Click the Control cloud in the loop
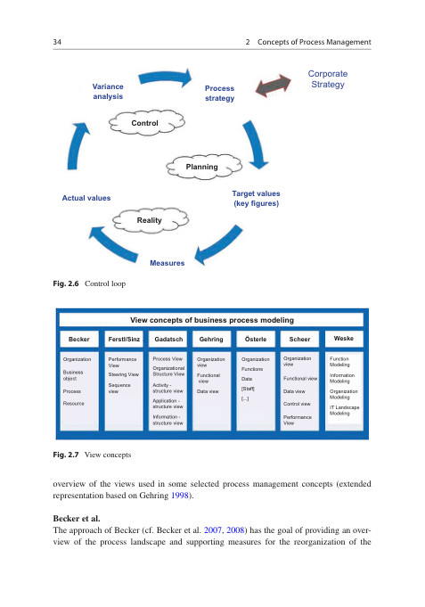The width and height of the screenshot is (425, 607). coord(145,122)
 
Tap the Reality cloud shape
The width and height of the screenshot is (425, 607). coord(149,218)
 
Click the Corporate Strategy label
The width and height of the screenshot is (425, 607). coord(327,79)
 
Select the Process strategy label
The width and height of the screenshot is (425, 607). coord(219,94)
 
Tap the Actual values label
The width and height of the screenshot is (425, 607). coord(86,197)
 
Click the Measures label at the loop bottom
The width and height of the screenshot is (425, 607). coord(167,263)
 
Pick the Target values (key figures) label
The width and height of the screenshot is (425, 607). coord(256,198)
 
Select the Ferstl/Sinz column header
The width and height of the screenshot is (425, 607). coord(124,340)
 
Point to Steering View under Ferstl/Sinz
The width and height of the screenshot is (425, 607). coord(123,374)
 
